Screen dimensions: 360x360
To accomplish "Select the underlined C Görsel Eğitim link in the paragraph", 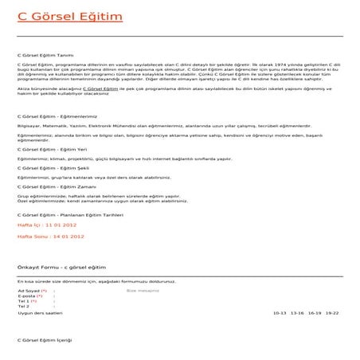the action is [x=79, y=88].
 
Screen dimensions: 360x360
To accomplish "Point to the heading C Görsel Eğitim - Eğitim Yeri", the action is [x=52, y=149].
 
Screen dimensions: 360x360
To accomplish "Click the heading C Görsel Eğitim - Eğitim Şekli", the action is [x=53, y=168].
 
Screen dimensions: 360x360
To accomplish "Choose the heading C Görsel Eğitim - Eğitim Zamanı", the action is [x=56, y=186].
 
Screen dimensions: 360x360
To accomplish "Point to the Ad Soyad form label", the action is [x=29, y=292].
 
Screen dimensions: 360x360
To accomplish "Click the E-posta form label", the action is [x=26, y=296].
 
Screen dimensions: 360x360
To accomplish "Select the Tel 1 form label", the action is [x=25, y=302].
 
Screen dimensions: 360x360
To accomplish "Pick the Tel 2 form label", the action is [x=23, y=307].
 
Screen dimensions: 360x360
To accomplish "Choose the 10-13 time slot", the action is [x=279, y=313].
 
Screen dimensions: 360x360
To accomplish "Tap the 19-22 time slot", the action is [x=333, y=313].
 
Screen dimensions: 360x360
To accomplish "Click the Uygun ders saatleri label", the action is [x=40, y=313].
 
